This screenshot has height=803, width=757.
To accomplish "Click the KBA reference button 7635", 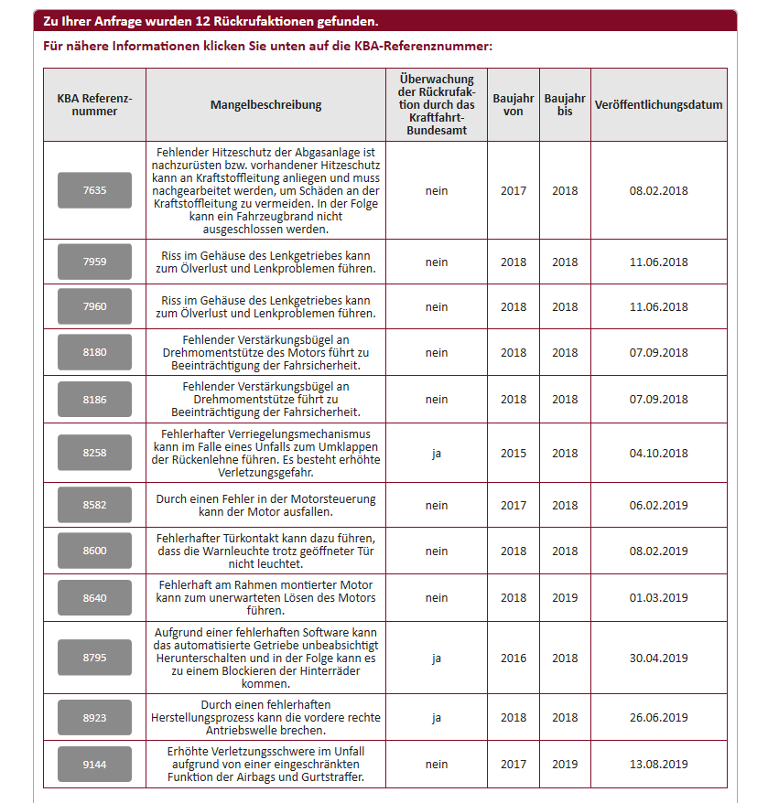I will pyautogui.click(x=94, y=190).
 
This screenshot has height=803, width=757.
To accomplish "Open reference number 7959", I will pyautogui.click(x=94, y=262).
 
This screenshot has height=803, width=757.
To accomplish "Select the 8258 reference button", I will pyautogui.click(x=94, y=453).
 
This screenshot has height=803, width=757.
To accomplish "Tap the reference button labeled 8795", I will pyautogui.click(x=94, y=658).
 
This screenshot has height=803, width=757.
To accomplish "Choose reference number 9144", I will pyautogui.click(x=94, y=764).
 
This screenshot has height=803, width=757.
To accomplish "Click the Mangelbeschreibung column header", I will pyautogui.click(x=265, y=104).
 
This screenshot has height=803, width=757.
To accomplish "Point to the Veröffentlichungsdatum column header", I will pyautogui.click(x=658, y=104).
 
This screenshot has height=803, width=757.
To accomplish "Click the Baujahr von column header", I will pyautogui.click(x=513, y=104).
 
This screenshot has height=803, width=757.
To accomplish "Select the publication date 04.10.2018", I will pyautogui.click(x=658, y=453).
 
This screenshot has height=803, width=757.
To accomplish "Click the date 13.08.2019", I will pyautogui.click(x=658, y=764).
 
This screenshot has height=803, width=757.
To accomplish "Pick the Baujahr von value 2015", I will pyautogui.click(x=513, y=453).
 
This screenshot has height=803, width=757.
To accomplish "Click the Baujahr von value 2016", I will pyautogui.click(x=513, y=658).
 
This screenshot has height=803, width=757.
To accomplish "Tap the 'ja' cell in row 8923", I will pyautogui.click(x=436, y=718).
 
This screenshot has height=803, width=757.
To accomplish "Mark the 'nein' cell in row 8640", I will pyautogui.click(x=436, y=597).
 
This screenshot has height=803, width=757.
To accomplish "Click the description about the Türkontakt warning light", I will pyautogui.click(x=265, y=551).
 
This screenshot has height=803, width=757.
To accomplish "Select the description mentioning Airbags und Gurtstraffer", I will pyautogui.click(x=265, y=764).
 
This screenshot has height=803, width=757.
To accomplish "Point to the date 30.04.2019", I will pyautogui.click(x=658, y=658).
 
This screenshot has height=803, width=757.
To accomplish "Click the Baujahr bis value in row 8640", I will pyautogui.click(x=564, y=597).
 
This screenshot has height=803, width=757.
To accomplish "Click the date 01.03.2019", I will pyautogui.click(x=658, y=597).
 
